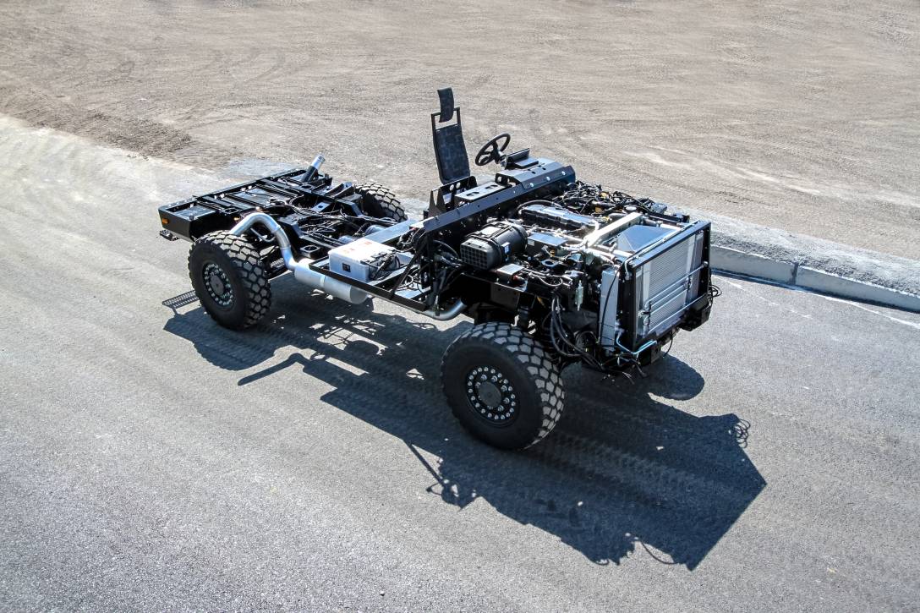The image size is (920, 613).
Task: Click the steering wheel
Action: pos(492,150)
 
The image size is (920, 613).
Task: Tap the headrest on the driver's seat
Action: pos(446,104)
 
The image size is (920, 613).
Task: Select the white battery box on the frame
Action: pos(362,257)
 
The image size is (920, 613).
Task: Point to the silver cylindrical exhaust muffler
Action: pos(330,282)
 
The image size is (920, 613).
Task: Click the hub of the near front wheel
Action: pos(491,394)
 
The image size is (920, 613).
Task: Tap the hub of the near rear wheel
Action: pos(218,285)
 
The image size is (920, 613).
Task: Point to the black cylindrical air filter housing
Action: pos(493,245)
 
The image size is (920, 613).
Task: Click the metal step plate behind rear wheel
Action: pos(180,299)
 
